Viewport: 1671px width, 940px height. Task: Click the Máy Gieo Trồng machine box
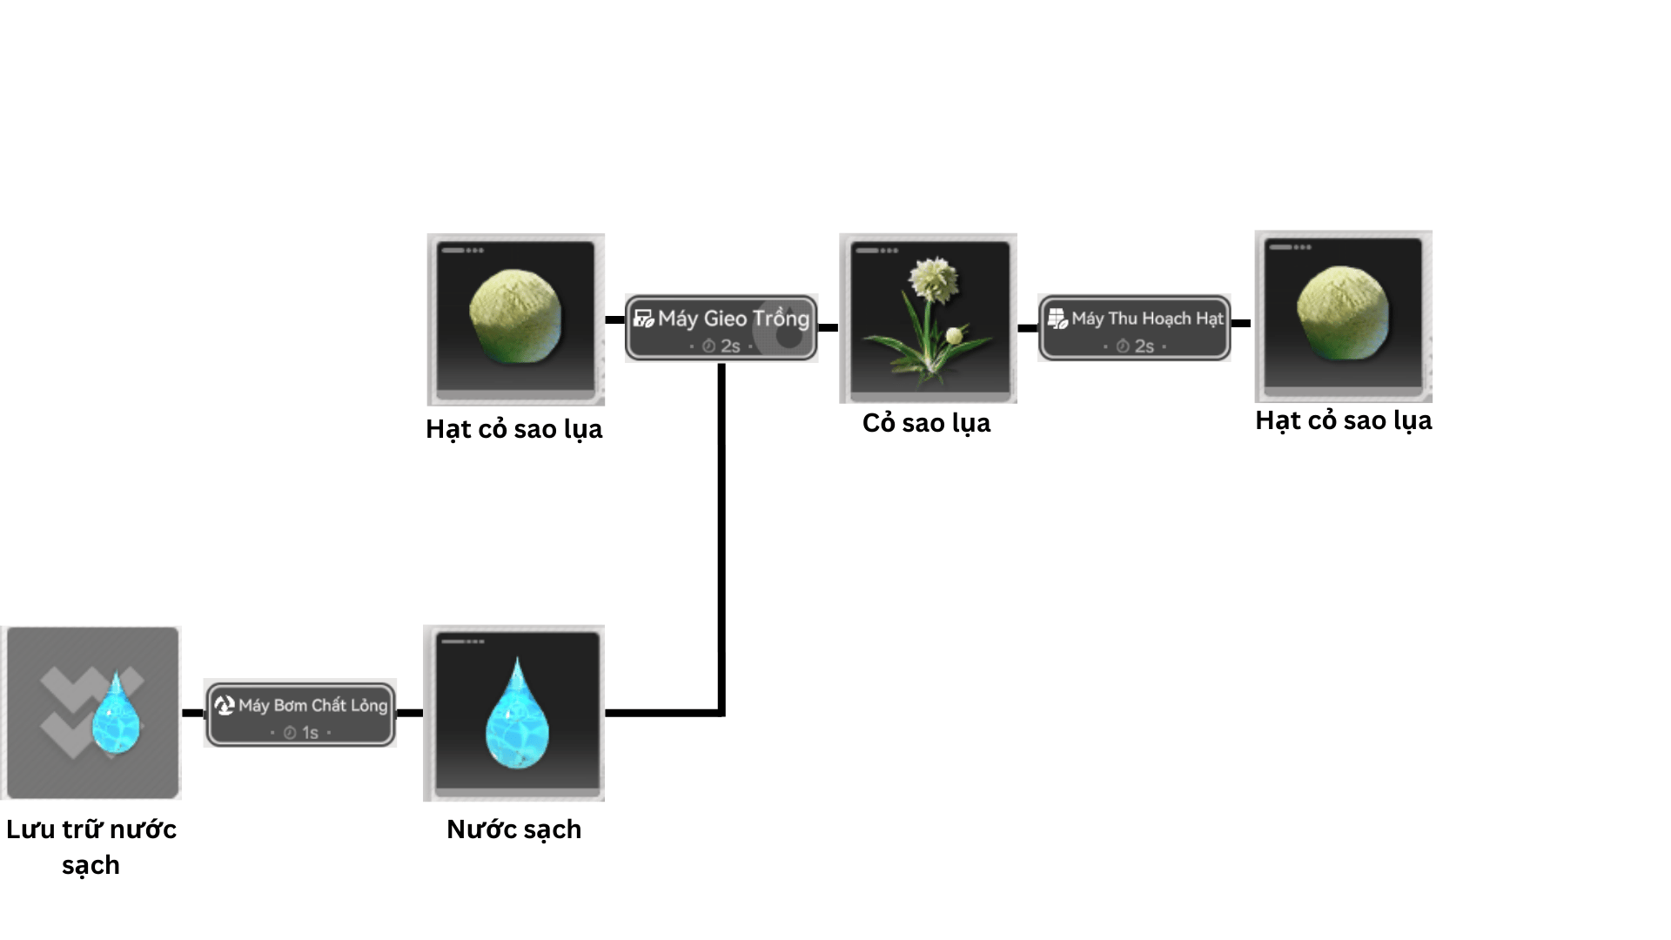point(721,327)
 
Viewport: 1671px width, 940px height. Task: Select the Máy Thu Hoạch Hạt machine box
point(1134,327)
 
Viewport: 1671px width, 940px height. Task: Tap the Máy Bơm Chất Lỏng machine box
point(300,714)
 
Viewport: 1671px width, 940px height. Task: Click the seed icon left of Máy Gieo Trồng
point(515,319)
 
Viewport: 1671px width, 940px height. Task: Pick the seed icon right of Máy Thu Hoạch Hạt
point(1343,316)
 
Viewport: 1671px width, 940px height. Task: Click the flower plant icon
point(928,318)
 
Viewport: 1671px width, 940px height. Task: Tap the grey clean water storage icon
point(91,712)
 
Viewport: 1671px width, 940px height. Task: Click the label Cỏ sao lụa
point(926,423)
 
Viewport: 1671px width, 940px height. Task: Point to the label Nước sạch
point(513,829)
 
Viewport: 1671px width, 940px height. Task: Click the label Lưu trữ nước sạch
point(91,847)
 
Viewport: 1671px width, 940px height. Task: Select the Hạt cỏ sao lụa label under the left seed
point(513,429)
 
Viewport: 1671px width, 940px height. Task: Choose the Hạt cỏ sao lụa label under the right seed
point(1343,420)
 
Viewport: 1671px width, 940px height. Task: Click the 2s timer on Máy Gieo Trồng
point(722,346)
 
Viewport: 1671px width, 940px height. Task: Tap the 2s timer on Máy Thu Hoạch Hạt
point(1136,346)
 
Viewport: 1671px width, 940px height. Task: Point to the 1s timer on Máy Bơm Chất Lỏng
point(302,733)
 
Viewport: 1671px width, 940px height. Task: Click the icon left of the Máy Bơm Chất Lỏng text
point(225,705)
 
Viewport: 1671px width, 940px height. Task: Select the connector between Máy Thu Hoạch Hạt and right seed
point(1242,323)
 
